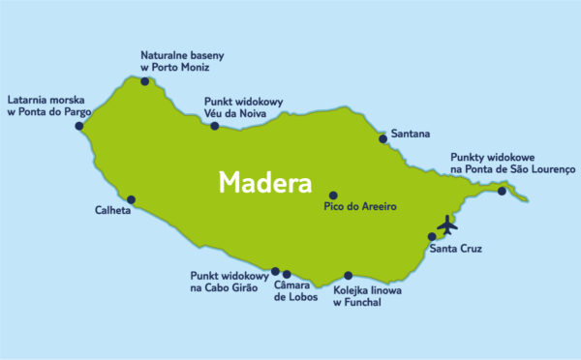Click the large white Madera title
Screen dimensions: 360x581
pyautogui.click(x=264, y=183)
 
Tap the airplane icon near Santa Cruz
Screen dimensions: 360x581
pyautogui.click(x=446, y=225)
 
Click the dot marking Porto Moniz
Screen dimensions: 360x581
pyautogui.click(x=145, y=81)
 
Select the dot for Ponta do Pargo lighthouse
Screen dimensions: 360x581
pyautogui.click(x=79, y=126)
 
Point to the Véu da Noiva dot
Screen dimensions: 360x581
pyautogui.click(x=215, y=126)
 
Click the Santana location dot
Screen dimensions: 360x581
pyautogui.click(x=383, y=138)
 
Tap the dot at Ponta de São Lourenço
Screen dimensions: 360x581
pyautogui.click(x=502, y=191)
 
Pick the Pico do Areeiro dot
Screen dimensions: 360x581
pyautogui.click(x=333, y=195)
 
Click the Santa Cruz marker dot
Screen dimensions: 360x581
pyautogui.click(x=432, y=236)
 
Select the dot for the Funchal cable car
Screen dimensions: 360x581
pyautogui.click(x=348, y=275)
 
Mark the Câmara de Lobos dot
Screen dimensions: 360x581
pyautogui.click(x=287, y=274)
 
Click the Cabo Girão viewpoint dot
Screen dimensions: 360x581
pyautogui.click(x=275, y=271)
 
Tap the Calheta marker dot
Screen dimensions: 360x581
pyautogui.click(x=132, y=200)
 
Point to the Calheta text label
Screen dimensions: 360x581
pyautogui.click(x=112, y=210)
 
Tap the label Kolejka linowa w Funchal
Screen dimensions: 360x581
pyautogui.click(x=367, y=296)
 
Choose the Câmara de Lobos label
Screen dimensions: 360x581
pyautogui.click(x=297, y=290)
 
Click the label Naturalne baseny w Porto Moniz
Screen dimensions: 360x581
pyautogui.click(x=174, y=61)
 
